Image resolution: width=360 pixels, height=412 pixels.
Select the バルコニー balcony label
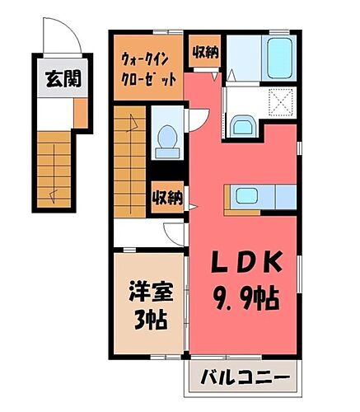coord(245,380)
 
